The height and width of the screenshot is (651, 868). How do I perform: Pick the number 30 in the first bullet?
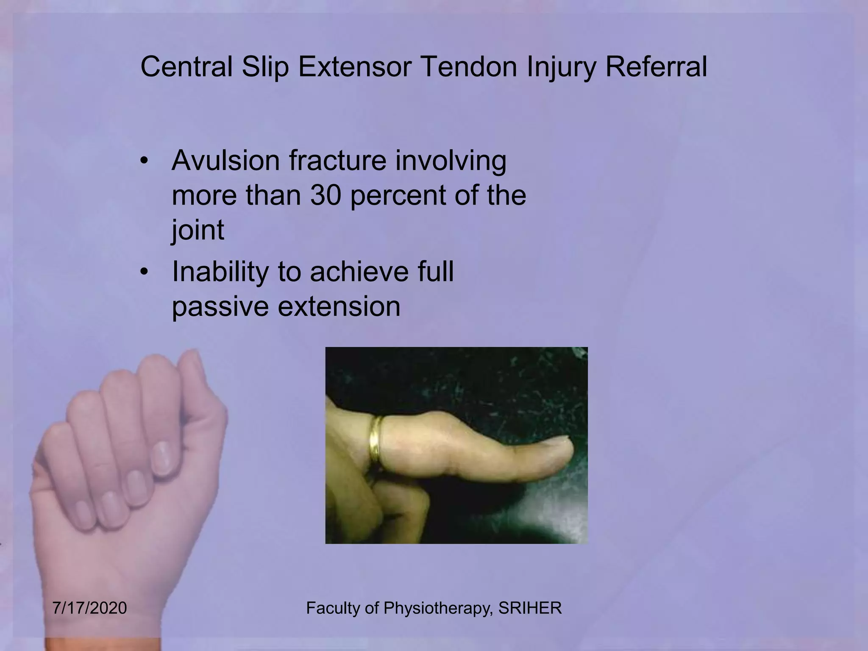tap(325, 195)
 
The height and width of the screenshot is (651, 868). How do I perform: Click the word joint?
tap(198, 230)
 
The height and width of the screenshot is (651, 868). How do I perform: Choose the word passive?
tap(220, 307)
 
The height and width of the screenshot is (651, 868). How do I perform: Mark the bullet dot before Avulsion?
tap(145, 161)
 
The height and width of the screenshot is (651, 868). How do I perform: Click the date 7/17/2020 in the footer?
tap(90, 608)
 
